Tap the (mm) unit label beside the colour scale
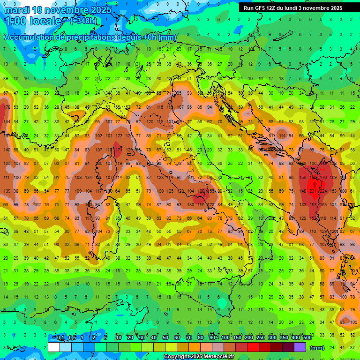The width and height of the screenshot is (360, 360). click(317, 347)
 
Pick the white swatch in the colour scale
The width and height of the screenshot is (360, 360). click(54, 347)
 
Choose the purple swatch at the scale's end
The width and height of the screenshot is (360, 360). click(300, 347)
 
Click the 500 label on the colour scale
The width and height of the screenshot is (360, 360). click(307, 337)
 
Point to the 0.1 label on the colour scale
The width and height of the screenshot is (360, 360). click(60, 337)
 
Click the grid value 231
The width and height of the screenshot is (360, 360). click(313, 191)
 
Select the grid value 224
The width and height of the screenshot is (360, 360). click(323, 191)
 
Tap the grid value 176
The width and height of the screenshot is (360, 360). click(323, 178)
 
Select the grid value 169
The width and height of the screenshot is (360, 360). click(333, 178)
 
